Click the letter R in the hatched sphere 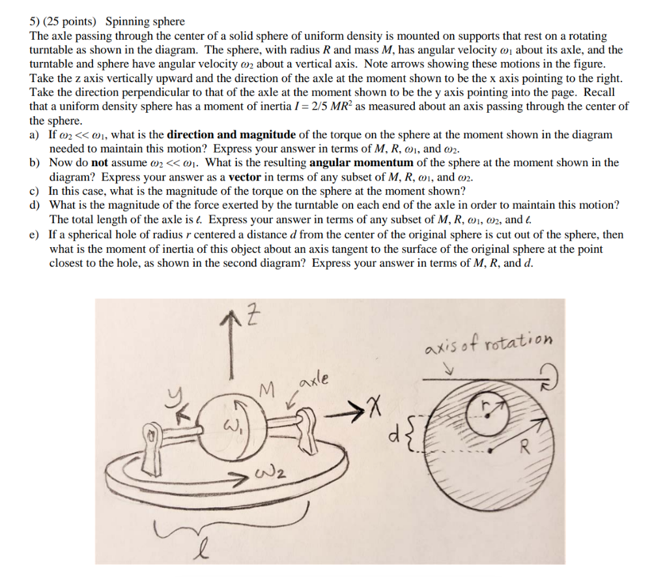(523, 448)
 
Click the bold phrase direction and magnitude (231, 135)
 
